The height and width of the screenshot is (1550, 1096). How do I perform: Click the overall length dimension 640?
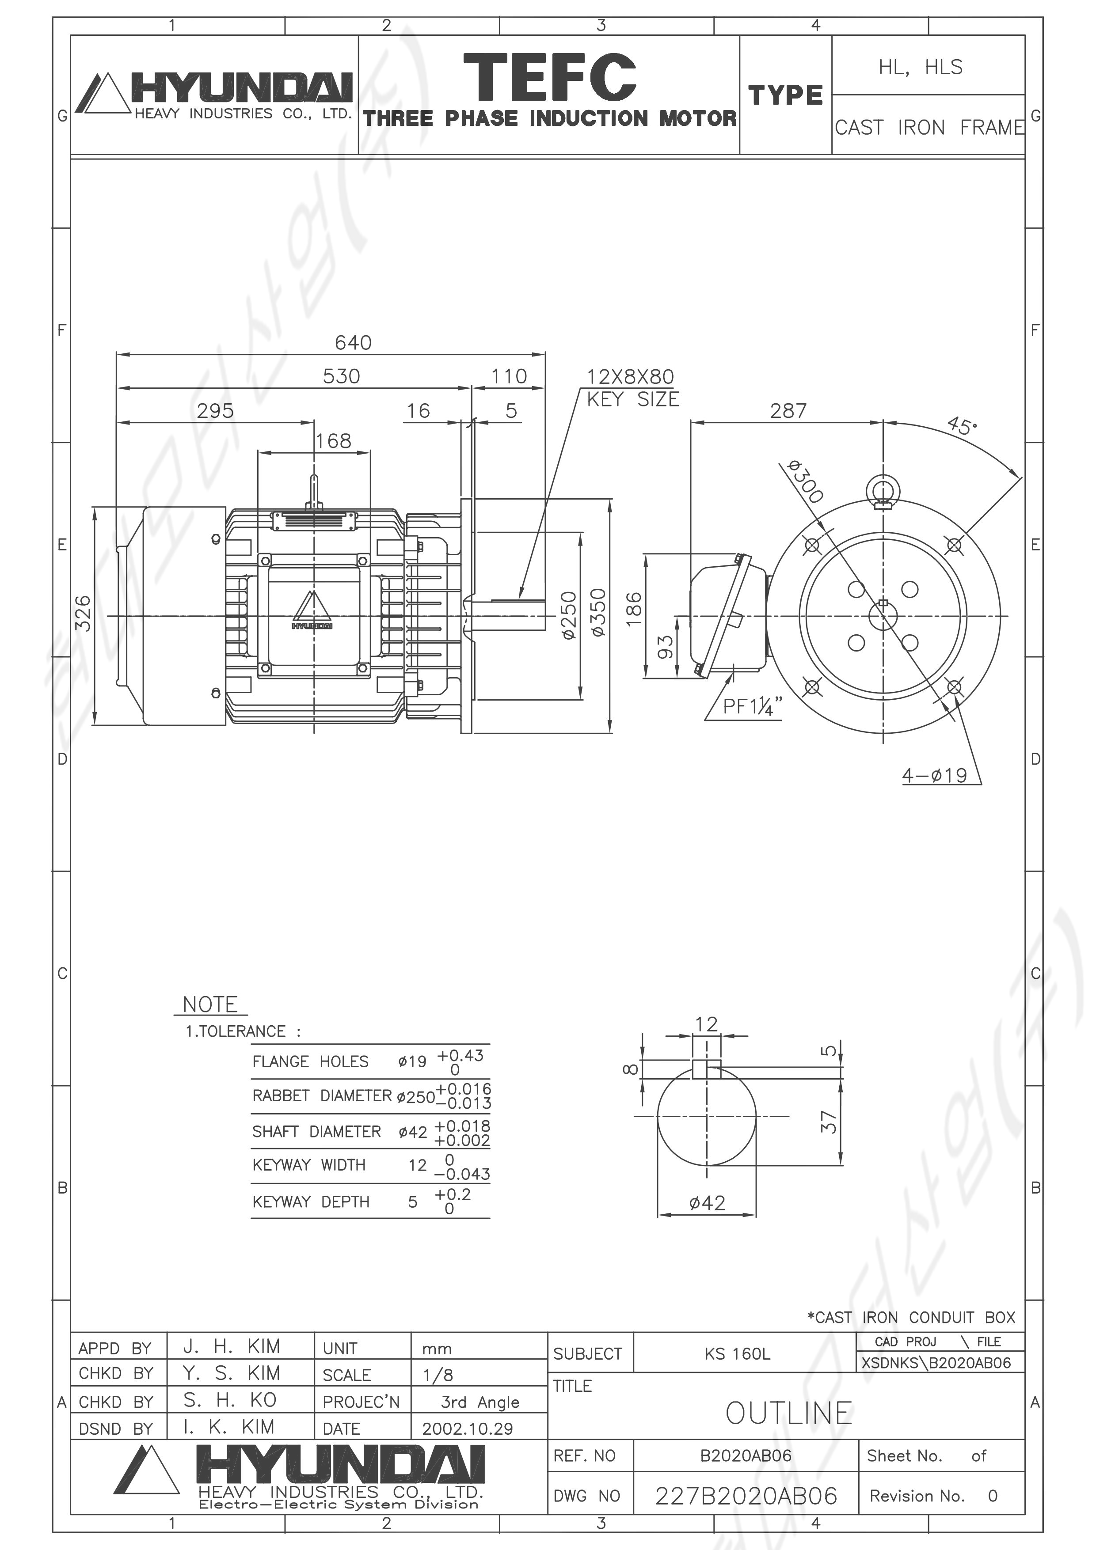click(353, 343)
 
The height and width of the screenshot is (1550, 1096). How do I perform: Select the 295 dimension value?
click(215, 411)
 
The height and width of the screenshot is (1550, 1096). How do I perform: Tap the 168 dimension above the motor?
click(334, 442)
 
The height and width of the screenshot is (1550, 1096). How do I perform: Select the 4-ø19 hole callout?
click(935, 775)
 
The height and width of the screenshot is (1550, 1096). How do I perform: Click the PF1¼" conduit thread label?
click(752, 706)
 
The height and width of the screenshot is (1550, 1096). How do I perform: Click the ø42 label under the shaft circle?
click(707, 1203)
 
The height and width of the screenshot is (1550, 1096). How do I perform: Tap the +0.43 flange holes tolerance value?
click(460, 1056)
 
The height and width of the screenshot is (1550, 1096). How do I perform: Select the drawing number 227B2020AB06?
click(746, 1496)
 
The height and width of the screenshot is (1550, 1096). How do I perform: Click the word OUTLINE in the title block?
click(789, 1413)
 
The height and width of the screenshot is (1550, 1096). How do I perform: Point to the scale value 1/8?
click(438, 1375)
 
